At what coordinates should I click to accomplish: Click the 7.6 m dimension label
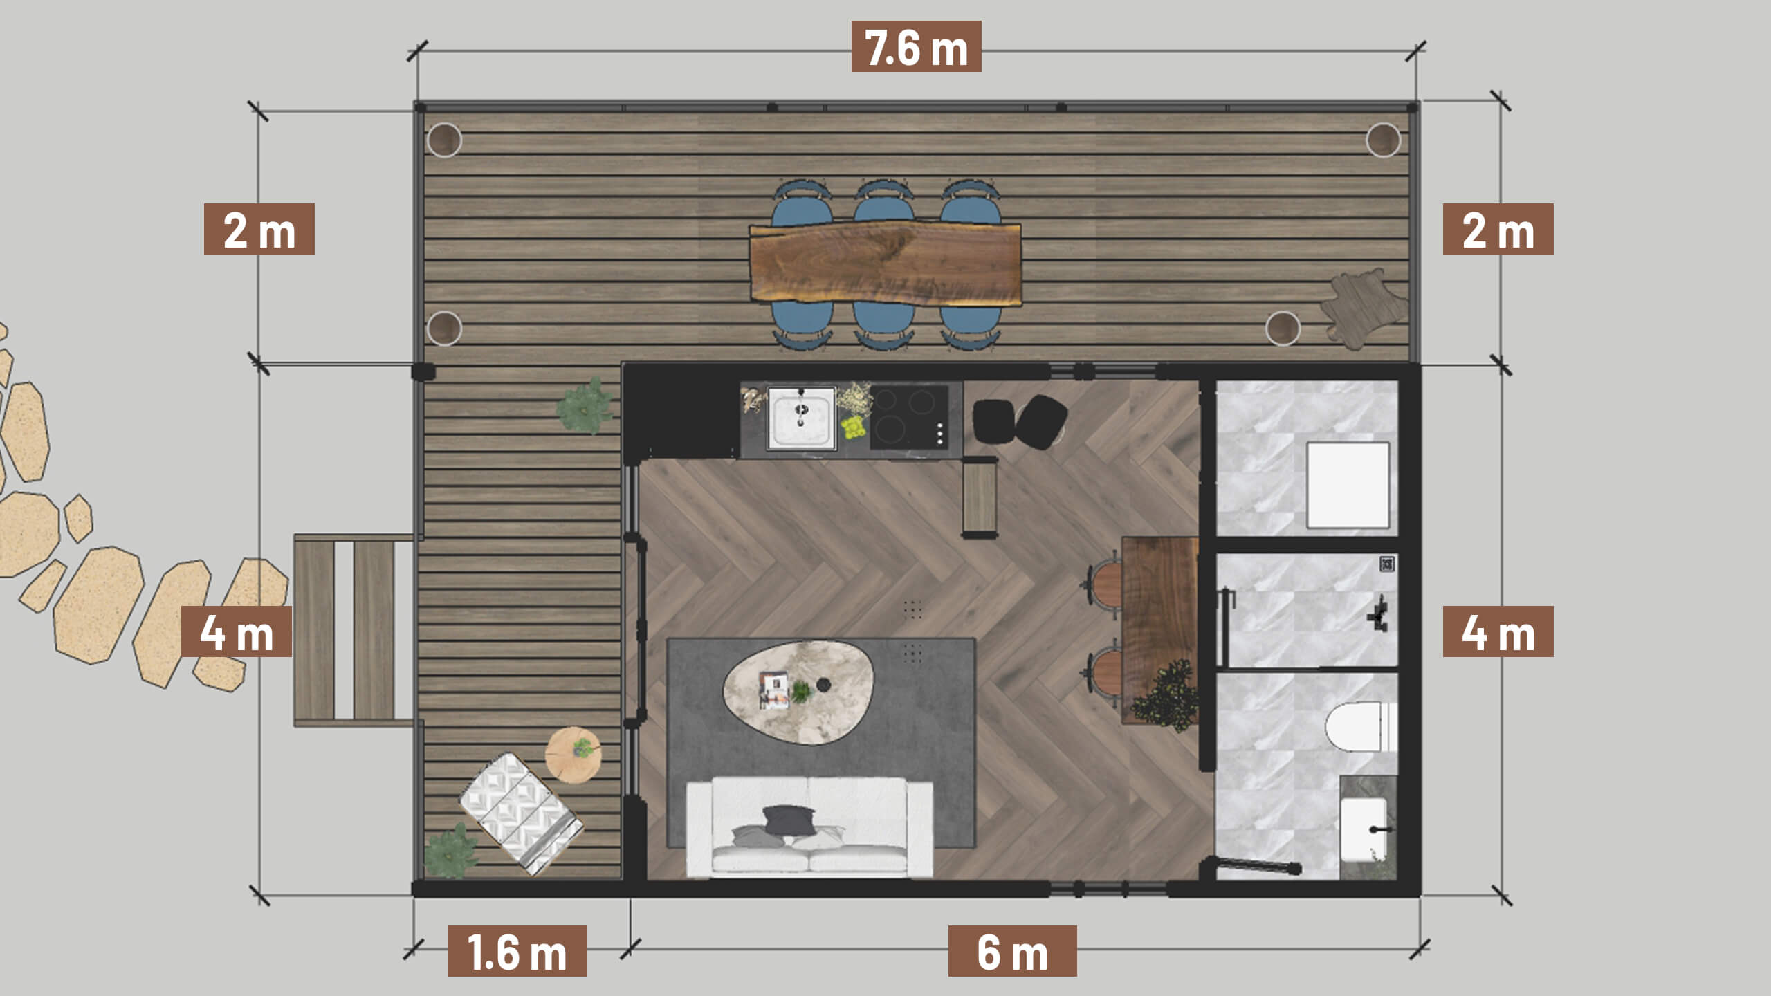point(916,46)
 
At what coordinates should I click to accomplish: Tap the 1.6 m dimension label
point(517,951)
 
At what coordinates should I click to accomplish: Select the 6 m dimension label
point(1012,951)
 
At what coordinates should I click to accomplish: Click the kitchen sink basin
point(801,418)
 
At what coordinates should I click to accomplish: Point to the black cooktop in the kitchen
point(909,417)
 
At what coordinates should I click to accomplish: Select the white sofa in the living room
point(809,827)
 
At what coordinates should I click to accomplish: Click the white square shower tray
point(1348,485)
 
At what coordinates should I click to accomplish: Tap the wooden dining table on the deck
point(885,263)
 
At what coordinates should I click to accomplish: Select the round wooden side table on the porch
point(573,755)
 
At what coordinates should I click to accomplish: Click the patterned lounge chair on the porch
point(521,813)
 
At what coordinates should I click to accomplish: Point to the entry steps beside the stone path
point(354,629)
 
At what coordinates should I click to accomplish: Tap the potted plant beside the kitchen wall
point(585,406)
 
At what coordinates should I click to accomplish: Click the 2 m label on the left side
point(259,229)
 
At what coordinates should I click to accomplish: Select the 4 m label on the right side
point(1498,631)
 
